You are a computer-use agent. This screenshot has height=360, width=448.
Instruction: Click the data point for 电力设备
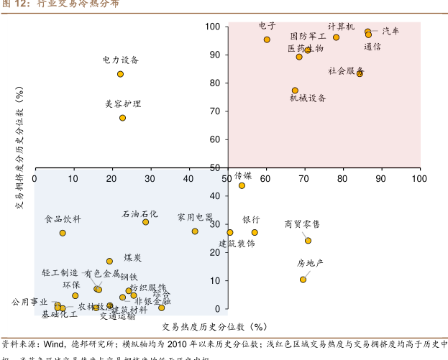click(x=120, y=74)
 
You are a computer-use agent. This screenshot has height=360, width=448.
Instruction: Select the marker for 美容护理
click(x=122, y=118)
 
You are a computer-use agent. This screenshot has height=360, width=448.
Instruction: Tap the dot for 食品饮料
click(x=63, y=233)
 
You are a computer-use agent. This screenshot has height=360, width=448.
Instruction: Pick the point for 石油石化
click(x=145, y=222)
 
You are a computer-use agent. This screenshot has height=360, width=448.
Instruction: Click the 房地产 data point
click(x=303, y=280)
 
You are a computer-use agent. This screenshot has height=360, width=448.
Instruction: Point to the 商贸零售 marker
click(x=308, y=241)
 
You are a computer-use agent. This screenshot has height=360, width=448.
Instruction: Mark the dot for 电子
click(x=267, y=40)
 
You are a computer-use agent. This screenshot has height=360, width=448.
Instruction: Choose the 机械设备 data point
click(x=295, y=91)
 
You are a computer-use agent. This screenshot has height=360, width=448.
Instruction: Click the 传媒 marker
click(x=242, y=185)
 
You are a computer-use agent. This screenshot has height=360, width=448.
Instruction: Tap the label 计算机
click(x=341, y=27)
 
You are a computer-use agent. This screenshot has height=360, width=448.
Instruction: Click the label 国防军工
click(x=308, y=36)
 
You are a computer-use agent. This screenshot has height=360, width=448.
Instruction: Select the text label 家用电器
click(x=195, y=217)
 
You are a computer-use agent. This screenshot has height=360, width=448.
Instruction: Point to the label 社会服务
click(x=346, y=71)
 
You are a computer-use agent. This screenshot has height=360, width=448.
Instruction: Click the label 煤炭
click(x=132, y=257)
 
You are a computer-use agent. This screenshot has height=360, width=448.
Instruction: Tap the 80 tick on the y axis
click(x=214, y=83)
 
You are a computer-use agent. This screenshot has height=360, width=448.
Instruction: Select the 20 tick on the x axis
click(x=111, y=177)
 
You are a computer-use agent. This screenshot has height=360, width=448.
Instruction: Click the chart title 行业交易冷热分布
click(x=78, y=5)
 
